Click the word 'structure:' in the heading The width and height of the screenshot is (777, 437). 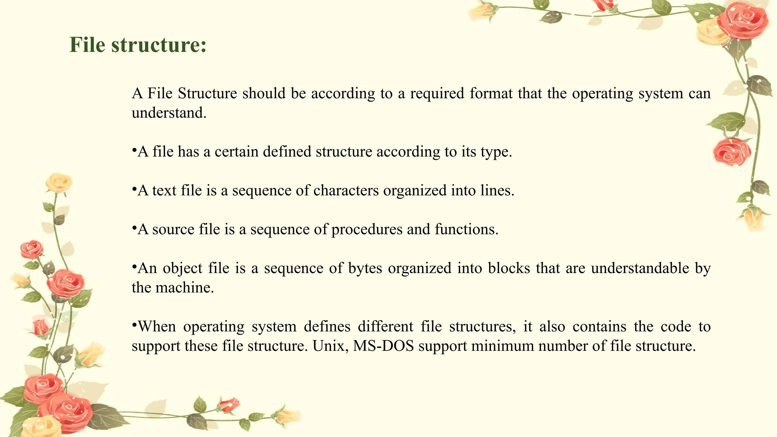[x=159, y=45]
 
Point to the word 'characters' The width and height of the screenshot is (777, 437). [x=346, y=190]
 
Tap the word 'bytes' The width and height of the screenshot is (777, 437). [x=365, y=269]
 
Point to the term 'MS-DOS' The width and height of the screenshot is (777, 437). [x=383, y=346]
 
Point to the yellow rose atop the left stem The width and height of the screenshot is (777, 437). [x=59, y=182]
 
